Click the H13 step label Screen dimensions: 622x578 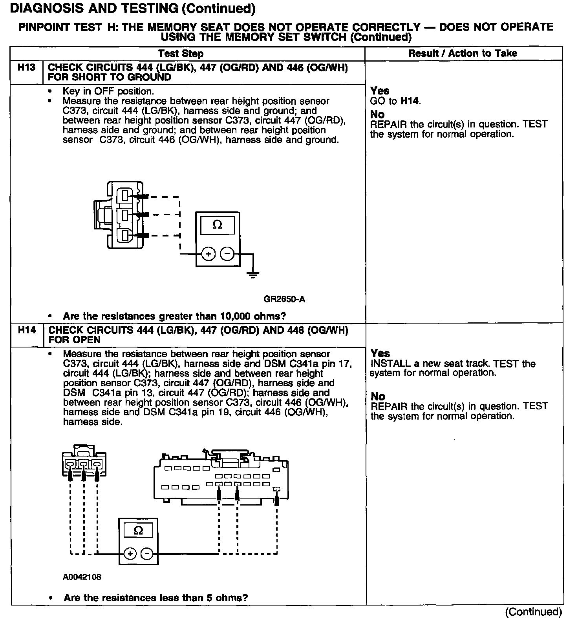tap(26, 67)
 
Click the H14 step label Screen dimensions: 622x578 tap(27, 330)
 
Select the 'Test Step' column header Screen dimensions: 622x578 tap(181, 53)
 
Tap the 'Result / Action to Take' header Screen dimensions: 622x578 tap(463, 53)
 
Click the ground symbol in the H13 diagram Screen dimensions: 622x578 tap(253, 275)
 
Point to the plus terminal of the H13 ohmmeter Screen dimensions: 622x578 tap(208, 255)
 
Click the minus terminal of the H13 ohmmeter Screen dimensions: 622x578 tap(227, 255)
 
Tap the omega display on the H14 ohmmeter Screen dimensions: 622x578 tap(138, 531)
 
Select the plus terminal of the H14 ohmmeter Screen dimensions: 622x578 tap(130, 554)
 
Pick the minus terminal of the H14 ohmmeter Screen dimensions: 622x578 tap(147, 554)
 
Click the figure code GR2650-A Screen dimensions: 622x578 tap(284, 299)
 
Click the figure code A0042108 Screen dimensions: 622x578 tap(82, 577)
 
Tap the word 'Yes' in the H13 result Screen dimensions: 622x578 tap(380, 91)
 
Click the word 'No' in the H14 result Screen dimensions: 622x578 tap(378, 396)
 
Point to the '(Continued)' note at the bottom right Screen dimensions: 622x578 tap(533, 611)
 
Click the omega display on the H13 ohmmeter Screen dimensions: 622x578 tap(217, 225)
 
